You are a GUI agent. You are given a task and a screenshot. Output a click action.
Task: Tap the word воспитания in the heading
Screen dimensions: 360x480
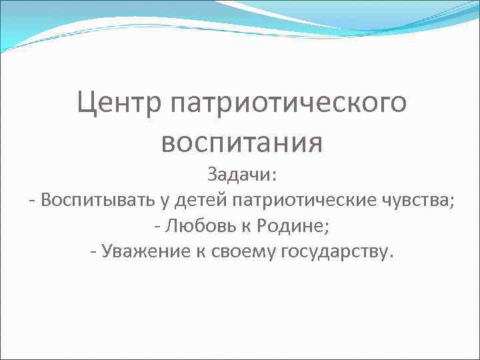241,142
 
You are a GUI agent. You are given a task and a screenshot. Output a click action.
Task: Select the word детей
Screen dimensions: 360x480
193,201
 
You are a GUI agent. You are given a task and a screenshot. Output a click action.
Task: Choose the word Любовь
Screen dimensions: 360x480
196,227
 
